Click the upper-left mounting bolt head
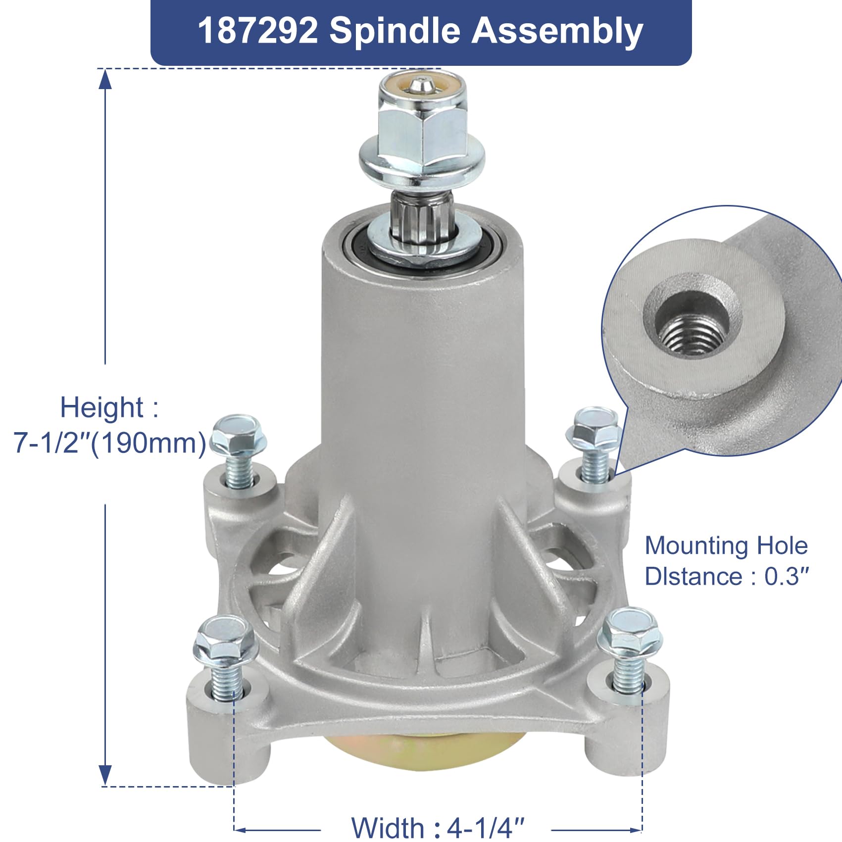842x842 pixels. coord(239,436)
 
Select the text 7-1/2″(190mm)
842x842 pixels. coord(110,443)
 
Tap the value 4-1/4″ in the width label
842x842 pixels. coord(486,827)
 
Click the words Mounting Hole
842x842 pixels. coord(726,546)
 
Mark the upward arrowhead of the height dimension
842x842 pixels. coord(105,80)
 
